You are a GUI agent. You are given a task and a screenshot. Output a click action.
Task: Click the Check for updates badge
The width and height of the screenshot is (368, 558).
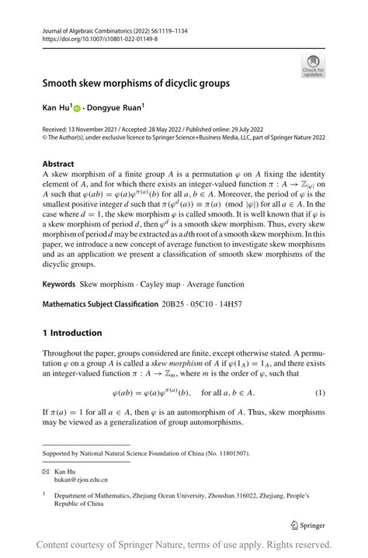(x=313, y=66)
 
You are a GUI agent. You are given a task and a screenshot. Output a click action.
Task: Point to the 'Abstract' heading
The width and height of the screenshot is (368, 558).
(x=58, y=164)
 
